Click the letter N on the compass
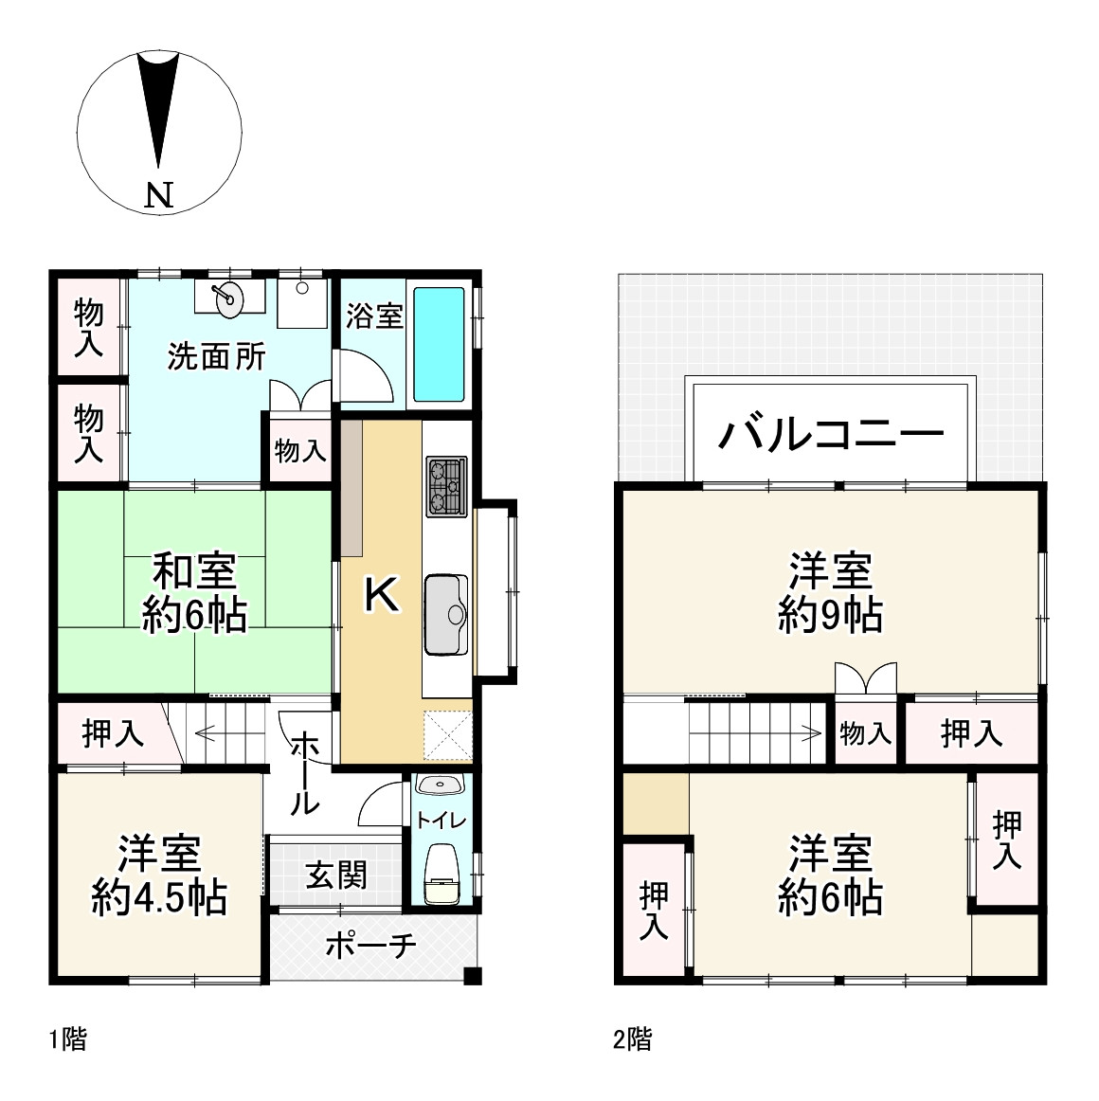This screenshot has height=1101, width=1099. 159,195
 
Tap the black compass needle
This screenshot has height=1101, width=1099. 157,104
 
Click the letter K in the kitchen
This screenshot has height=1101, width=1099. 381,595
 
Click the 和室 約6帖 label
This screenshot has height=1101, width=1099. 195,593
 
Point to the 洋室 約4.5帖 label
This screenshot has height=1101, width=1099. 159,874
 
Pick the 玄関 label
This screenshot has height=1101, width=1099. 335,875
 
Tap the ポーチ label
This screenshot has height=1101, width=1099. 370,945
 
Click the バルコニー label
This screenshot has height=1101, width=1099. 831,434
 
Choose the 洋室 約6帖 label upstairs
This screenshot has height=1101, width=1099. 830,874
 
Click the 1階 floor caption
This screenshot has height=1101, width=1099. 67,1039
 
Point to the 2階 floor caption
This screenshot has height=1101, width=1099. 632,1039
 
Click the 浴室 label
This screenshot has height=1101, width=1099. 374,316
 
